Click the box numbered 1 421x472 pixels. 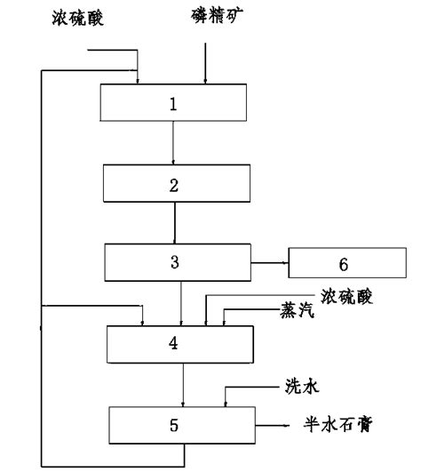coord(173,102)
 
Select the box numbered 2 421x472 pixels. coord(177,183)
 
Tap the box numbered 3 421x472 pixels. coord(178,262)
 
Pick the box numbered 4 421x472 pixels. coord(180,344)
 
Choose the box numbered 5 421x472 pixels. coord(182,426)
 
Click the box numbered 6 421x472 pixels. coord(347,263)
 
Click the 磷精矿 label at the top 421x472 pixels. coord(217,16)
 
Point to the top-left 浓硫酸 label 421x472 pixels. coord(78,18)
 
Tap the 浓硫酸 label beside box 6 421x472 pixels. coord(346,297)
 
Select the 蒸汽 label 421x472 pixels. coord(298,310)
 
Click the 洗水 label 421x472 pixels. coord(302,386)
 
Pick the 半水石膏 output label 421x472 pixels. coord(338,424)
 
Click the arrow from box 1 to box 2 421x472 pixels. coord(173,143)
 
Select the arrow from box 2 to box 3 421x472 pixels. coord(174,223)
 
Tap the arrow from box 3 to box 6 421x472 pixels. coord(270,263)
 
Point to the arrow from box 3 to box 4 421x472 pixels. coord(181,303)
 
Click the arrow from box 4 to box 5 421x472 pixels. coord(183,385)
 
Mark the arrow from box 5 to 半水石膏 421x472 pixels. coord(272,426)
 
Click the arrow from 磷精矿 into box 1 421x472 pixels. coord(205,63)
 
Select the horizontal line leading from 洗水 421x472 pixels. coord(252,387)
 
